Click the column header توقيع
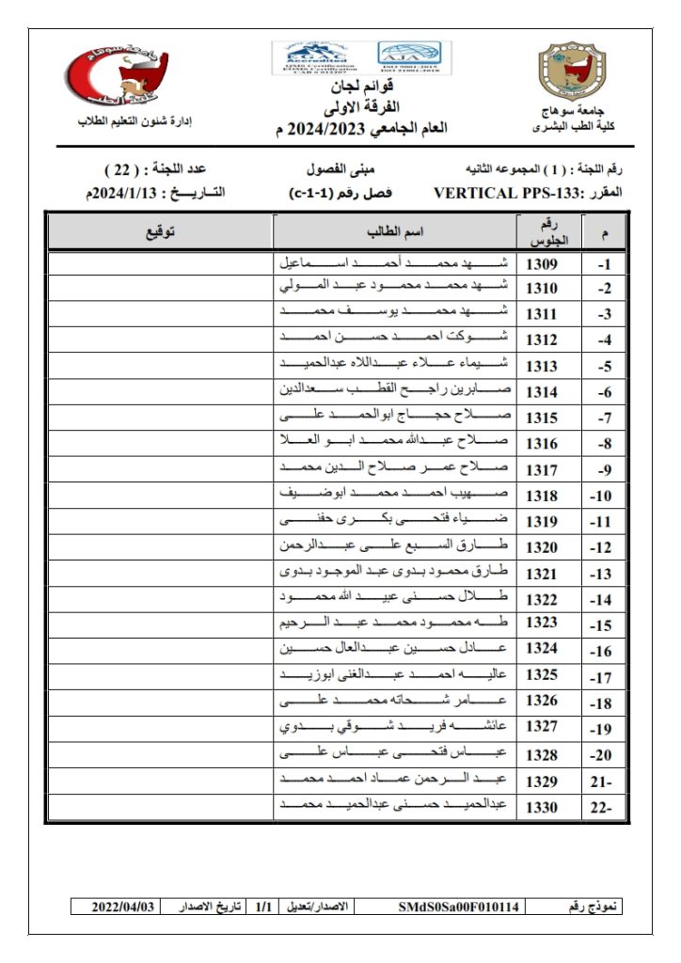click(159, 231)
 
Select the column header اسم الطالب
click(394, 231)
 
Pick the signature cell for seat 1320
click(159, 545)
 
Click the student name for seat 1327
click(394, 726)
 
